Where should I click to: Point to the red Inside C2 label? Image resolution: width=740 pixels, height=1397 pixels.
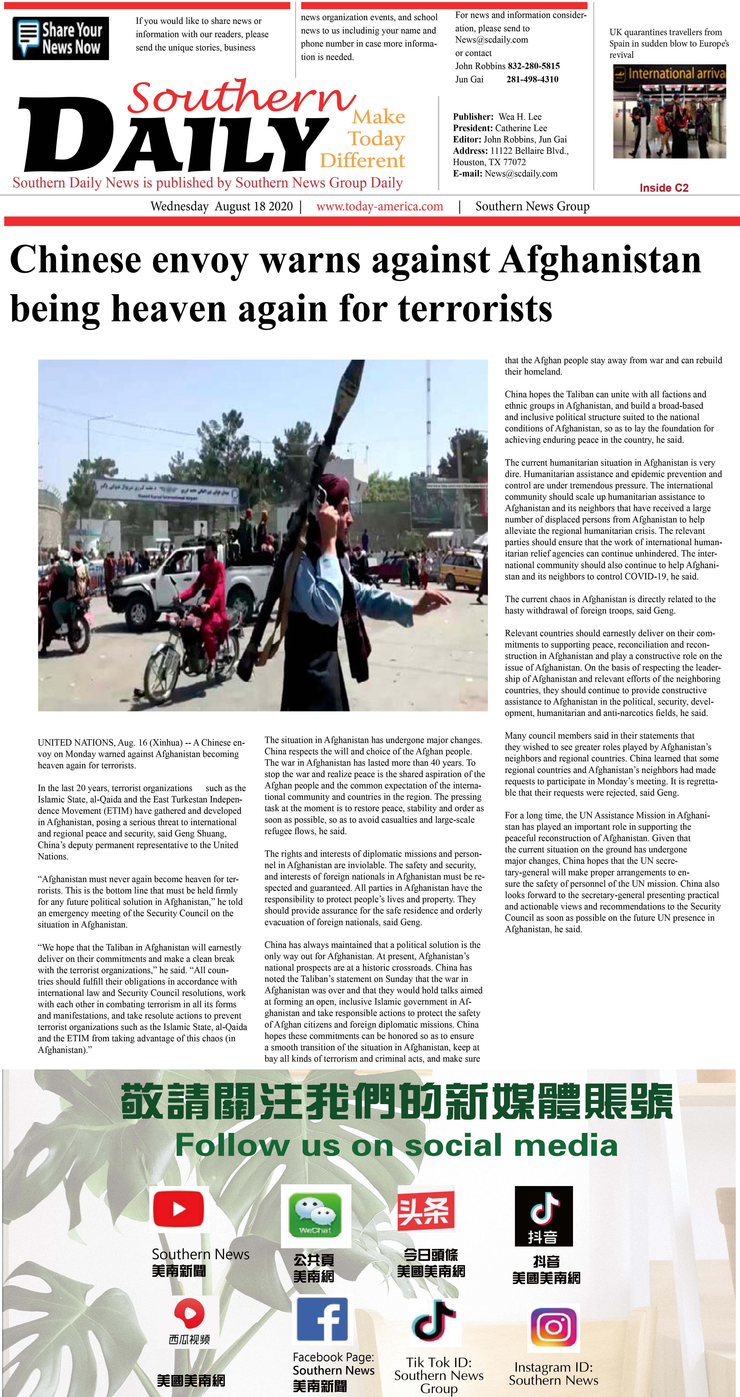[664, 188]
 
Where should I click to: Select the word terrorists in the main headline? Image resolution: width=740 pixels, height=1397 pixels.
[475, 309]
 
